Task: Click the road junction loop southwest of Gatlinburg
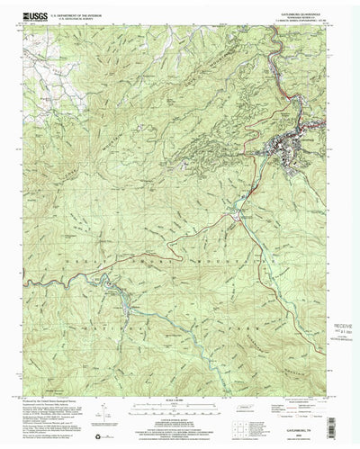(235, 213)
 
